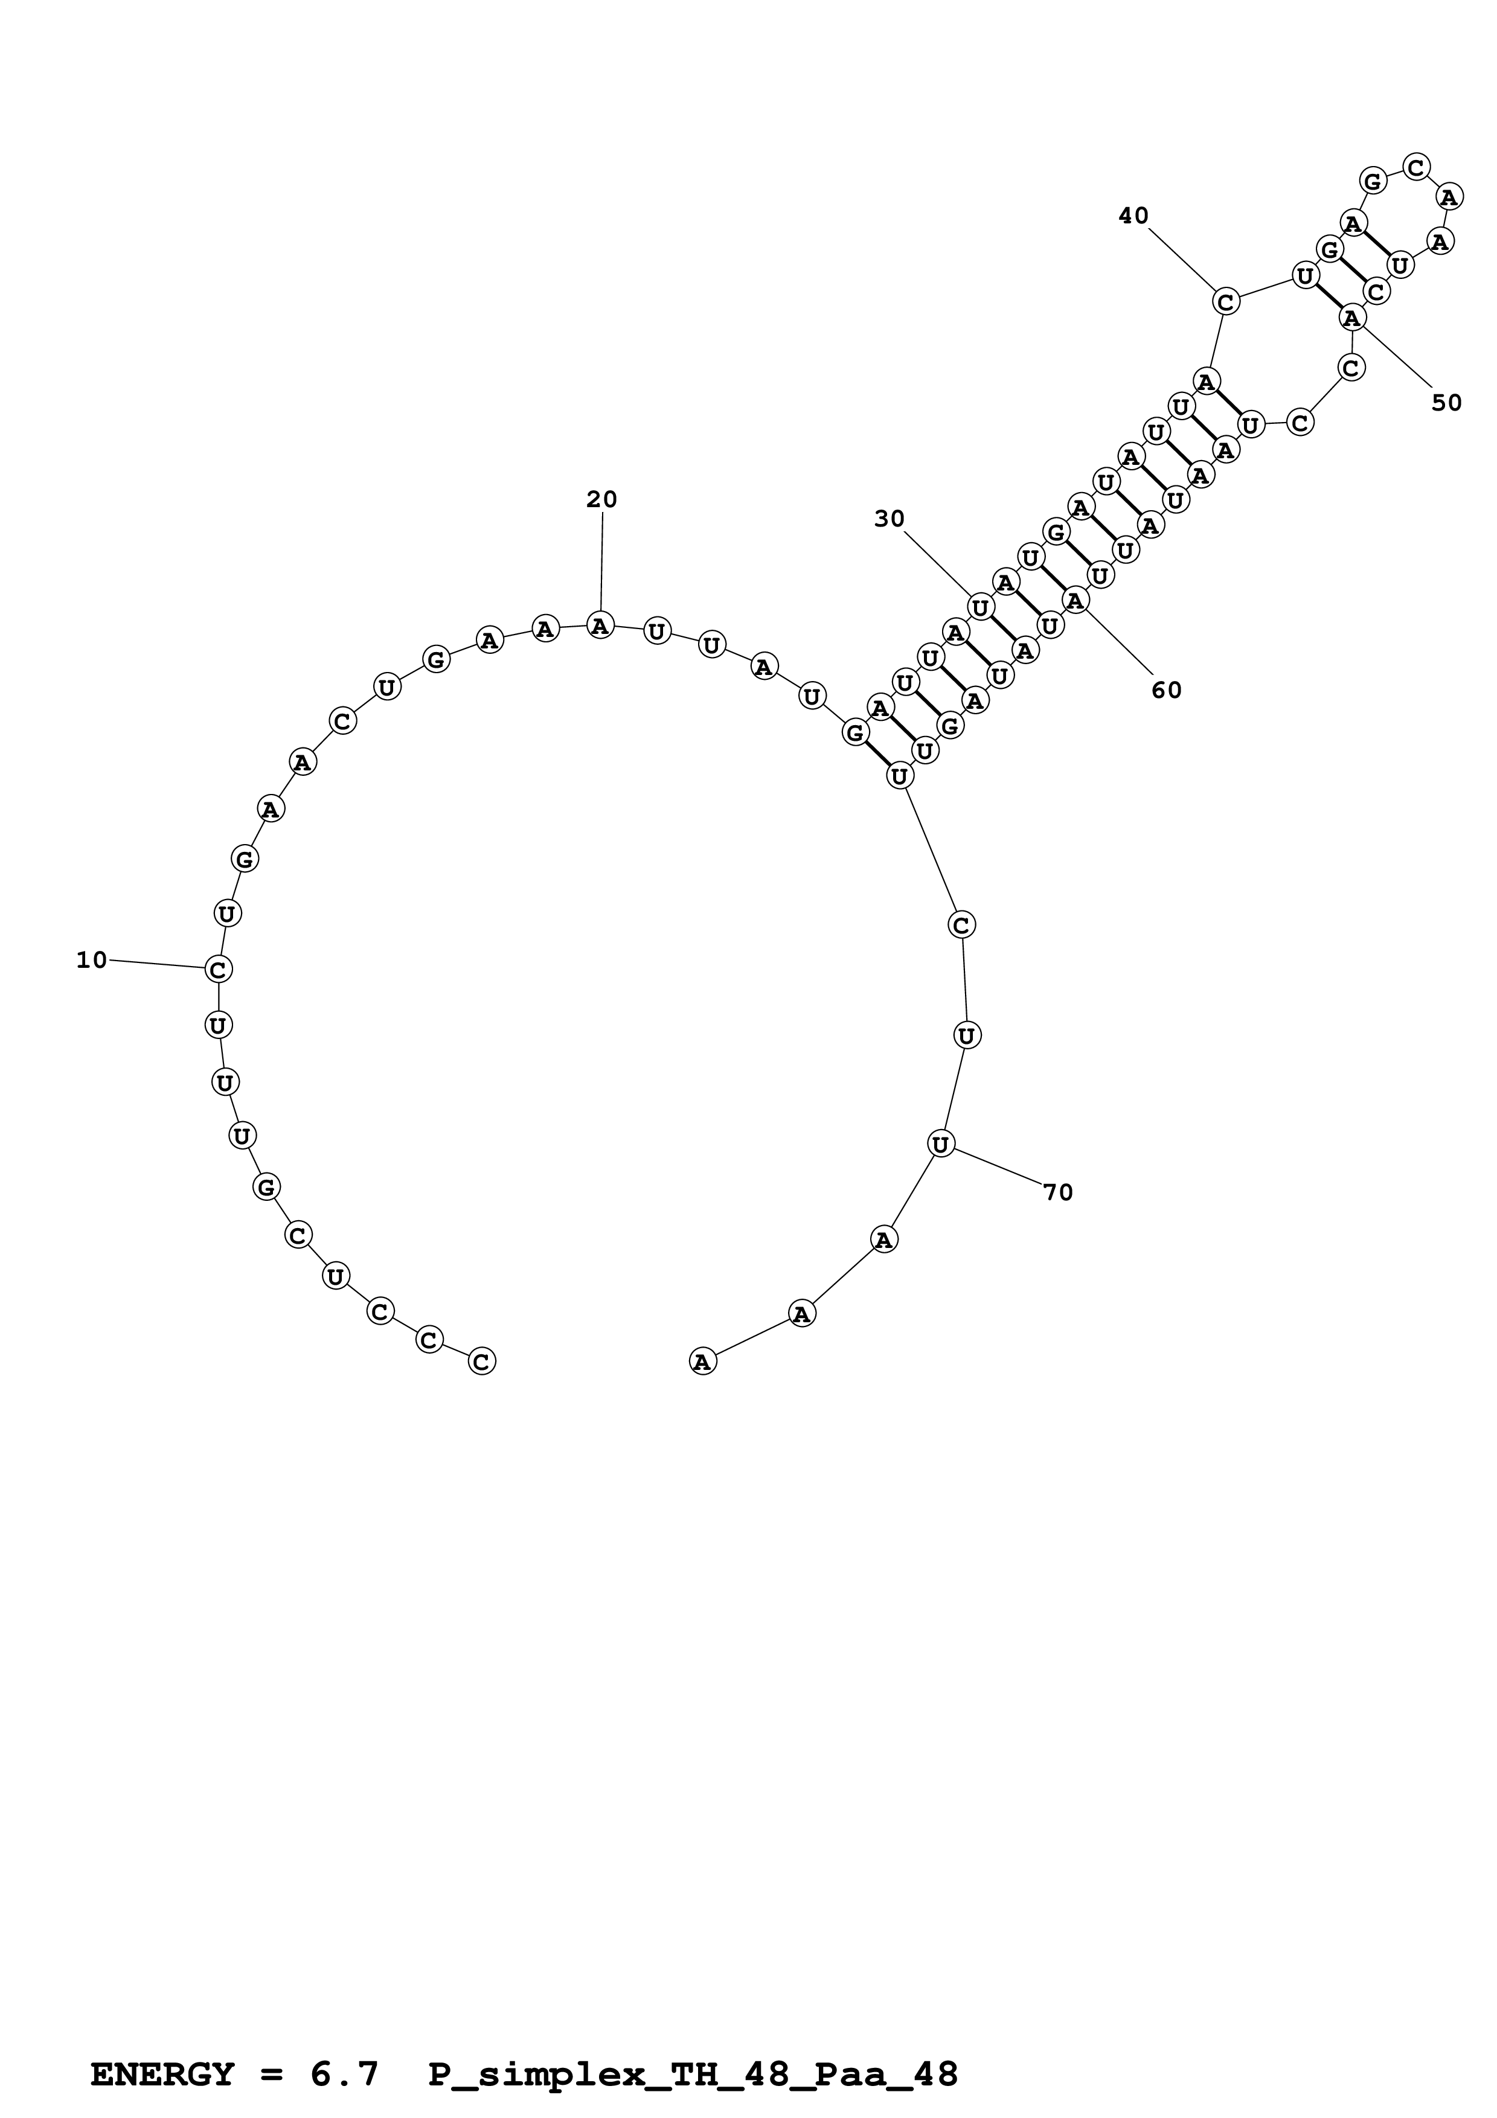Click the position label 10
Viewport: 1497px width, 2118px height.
(x=91, y=961)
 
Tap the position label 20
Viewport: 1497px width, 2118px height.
(x=601, y=500)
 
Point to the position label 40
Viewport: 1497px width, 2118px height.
(x=1133, y=216)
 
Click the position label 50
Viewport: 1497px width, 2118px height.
(x=1446, y=403)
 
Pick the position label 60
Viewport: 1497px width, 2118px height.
(x=1166, y=690)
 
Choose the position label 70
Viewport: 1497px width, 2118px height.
(x=1058, y=1193)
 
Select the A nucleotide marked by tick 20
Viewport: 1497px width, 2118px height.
(x=600, y=625)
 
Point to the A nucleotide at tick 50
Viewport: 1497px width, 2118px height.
(x=1352, y=318)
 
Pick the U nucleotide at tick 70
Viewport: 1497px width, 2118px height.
(x=940, y=1145)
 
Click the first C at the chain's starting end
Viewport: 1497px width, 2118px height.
(x=481, y=1361)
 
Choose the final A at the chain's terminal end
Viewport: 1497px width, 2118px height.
(x=703, y=1361)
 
